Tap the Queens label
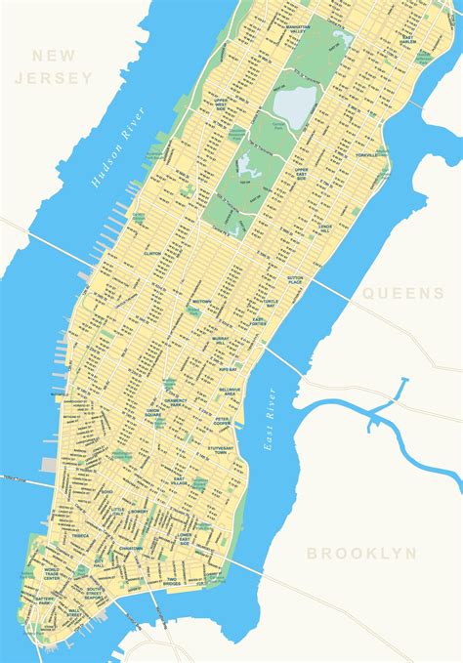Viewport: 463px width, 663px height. [402, 293]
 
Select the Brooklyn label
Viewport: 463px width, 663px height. [362, 554]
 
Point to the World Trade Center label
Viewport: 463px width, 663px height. [52, 574]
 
